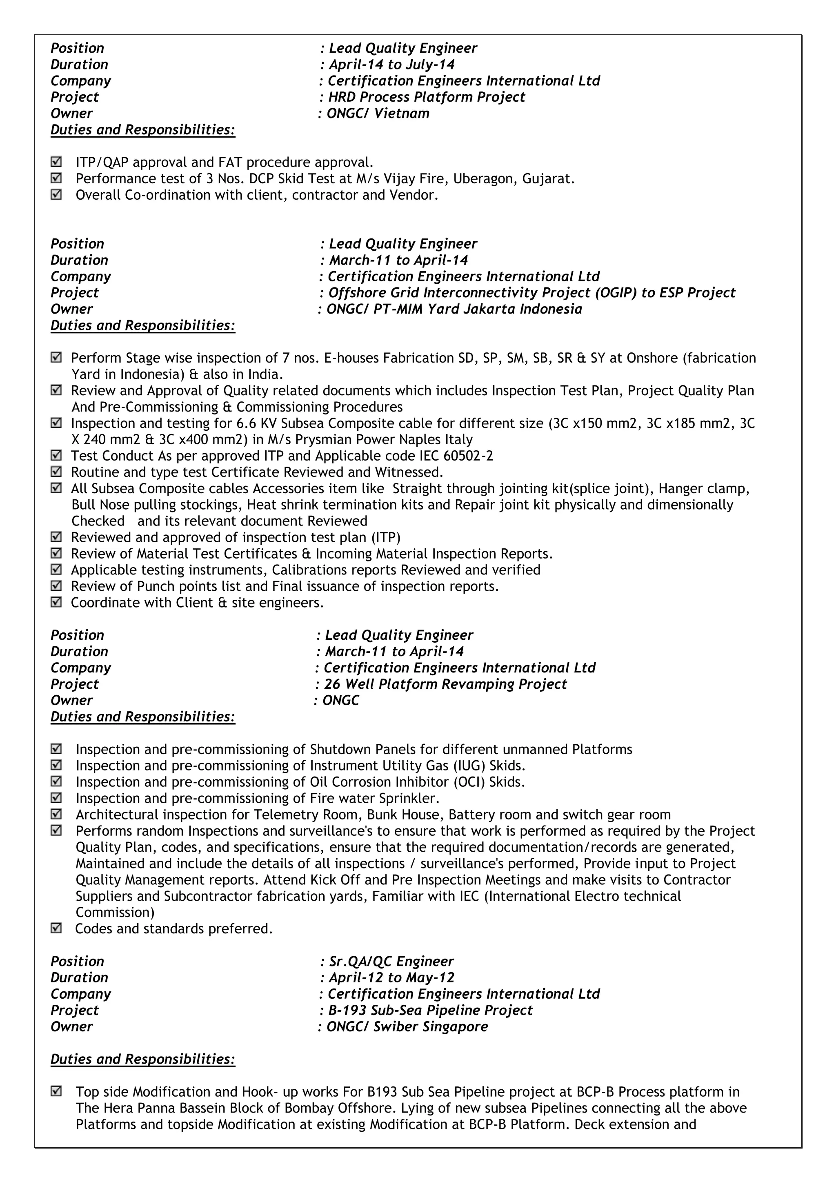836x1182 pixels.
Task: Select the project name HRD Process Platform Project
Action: (x=426, y=97)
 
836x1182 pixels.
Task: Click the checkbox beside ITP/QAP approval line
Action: (x=56, y=162)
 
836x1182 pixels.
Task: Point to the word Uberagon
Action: (x=489, y=179)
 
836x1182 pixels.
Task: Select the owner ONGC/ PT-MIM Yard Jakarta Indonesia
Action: (x=454, y=309)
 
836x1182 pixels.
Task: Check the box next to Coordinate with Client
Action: (x=56, y=602)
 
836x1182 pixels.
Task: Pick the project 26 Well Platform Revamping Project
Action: (x=445, y=684)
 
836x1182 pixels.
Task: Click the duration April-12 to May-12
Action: (x=391, y=977)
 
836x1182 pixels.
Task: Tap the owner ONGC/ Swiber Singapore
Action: (x=407, y=1026)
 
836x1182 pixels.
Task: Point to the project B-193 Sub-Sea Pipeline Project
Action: (x=430, y=1010)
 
